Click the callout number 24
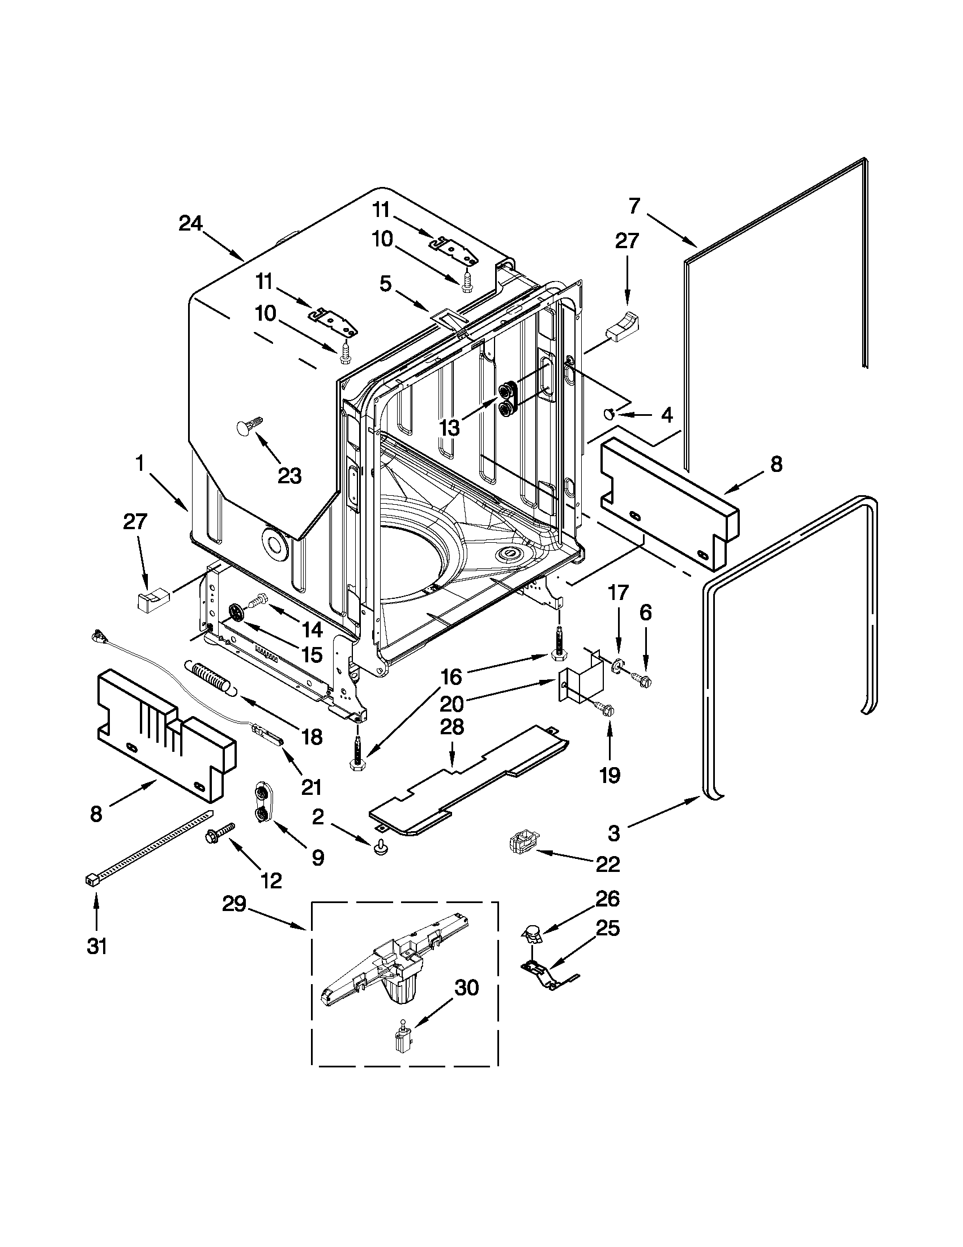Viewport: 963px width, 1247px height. (191, 223)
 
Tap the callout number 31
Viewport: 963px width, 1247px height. (96, 946)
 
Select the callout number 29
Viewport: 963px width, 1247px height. (234, 904)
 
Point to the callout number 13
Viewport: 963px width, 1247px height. (450, 428)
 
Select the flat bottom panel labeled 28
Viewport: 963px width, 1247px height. (468, 780)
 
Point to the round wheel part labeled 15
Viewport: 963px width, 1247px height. (235, 612)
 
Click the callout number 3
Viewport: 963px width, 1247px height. (613, 833)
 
